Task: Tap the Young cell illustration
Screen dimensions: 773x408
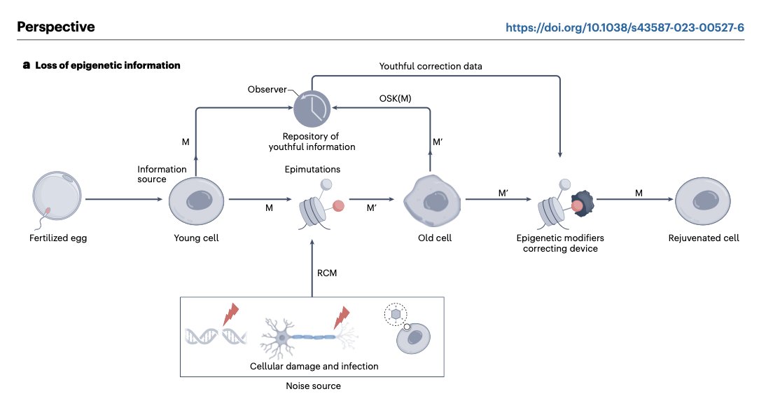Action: point(196,201)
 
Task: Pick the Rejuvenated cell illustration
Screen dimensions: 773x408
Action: point(702,201)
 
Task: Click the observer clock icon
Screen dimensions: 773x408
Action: point(312,109)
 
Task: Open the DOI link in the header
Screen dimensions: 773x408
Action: point(625,27)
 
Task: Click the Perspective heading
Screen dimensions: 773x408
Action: point(56,27)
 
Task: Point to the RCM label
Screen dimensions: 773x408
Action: point(327,273)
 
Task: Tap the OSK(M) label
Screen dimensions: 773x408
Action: point(395,98)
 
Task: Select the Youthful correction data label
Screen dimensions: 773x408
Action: point(431,66)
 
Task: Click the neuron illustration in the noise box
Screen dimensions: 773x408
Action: point(309,338)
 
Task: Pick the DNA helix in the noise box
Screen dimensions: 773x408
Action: point(216,336)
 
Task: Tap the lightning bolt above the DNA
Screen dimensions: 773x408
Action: point(231,314)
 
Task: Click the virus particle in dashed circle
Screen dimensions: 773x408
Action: point(396,314)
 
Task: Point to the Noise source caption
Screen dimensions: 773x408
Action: point(313,386)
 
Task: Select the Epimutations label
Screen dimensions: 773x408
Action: point(312,169)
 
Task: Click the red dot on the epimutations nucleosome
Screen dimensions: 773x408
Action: point(338,205)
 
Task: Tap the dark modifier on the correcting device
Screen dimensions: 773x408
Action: point(584,203)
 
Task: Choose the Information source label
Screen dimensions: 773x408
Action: point(162,174)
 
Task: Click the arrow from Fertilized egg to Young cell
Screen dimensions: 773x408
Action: point(124,199)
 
